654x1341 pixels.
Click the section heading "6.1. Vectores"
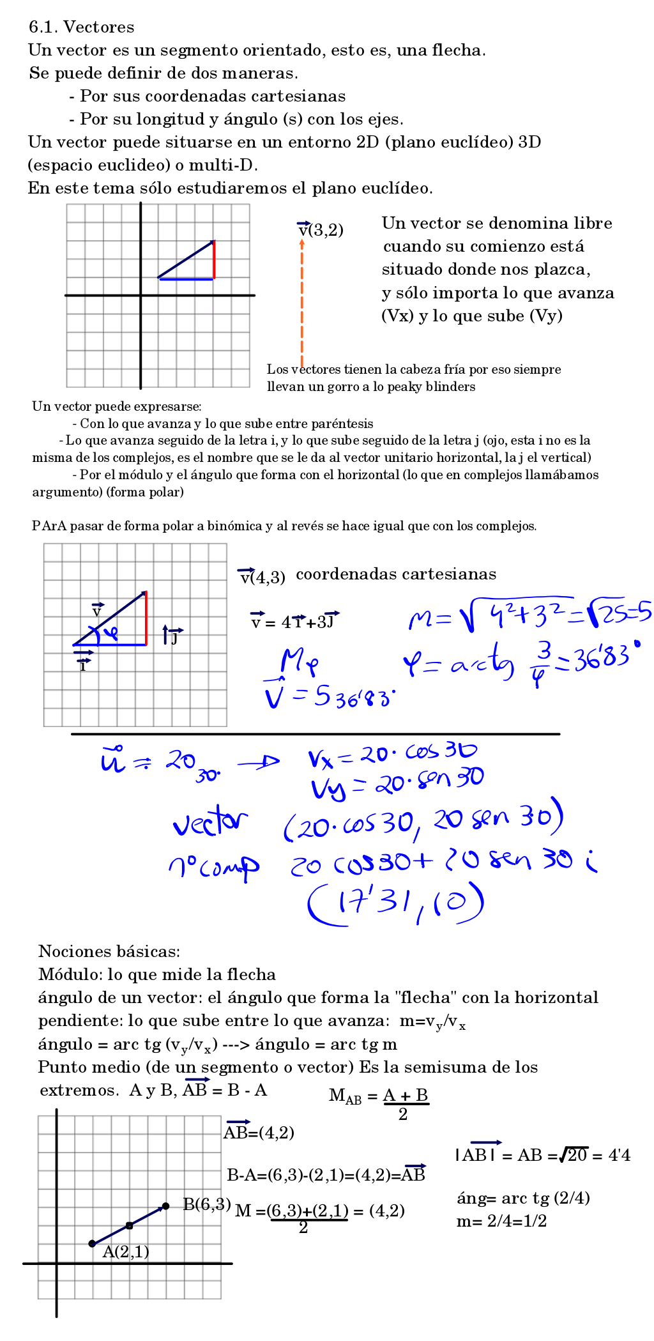coord(82,27)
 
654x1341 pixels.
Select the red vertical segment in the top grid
coord(214,260)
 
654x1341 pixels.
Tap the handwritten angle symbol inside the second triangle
coord(110,633)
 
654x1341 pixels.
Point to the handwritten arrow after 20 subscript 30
coord(258,762)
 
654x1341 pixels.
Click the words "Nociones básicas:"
coord(109,951)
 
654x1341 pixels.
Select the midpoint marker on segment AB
coord(130,1225)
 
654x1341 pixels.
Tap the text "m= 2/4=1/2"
coord(501,1222)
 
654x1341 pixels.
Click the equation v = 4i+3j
coord(295,621)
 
